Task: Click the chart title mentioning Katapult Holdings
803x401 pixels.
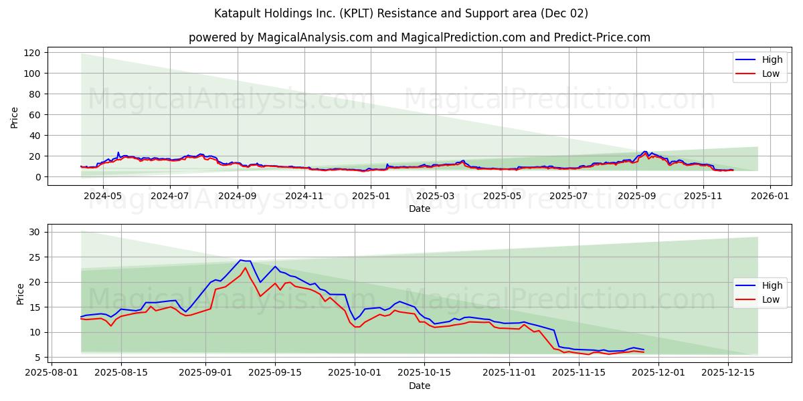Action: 401,13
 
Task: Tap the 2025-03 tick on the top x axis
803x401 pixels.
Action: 435,196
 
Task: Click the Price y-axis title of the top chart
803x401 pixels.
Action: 15,117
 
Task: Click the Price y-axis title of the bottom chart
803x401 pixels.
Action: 19,294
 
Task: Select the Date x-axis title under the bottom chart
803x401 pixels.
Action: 419,386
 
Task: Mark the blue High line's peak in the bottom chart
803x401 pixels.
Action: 240,260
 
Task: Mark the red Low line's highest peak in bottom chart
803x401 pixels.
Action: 245,268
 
